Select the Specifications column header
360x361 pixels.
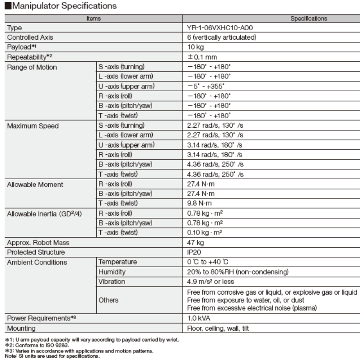(x=309, y=19)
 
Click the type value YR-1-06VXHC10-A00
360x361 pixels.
(x=220, y=28)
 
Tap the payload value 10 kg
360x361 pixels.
(x=197, y=47)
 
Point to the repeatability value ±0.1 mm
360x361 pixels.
(x=202, y=57)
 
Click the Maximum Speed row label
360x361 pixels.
(x=33, y=126)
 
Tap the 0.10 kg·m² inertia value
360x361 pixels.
(x=205, y=232)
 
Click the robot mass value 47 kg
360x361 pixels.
(x=196, y=242)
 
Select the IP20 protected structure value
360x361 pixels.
(x=195, y=252)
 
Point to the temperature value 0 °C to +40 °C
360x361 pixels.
(x=213, y=262)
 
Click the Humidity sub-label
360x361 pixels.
(x=112, y=272)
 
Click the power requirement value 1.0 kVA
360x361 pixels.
(x=199, y=319)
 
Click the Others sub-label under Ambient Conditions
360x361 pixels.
(x=108, y=300)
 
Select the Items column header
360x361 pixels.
(x=94, y=19)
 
